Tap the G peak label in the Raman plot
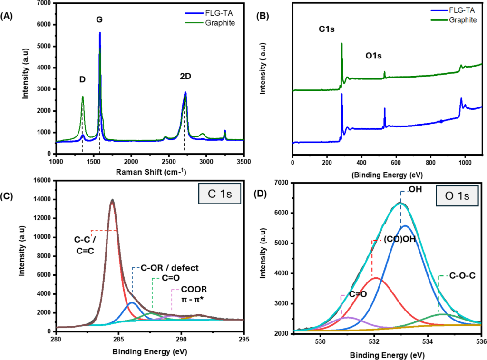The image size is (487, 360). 99,20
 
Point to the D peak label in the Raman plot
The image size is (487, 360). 82,80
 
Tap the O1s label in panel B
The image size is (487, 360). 373,56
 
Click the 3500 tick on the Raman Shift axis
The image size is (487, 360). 243,162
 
